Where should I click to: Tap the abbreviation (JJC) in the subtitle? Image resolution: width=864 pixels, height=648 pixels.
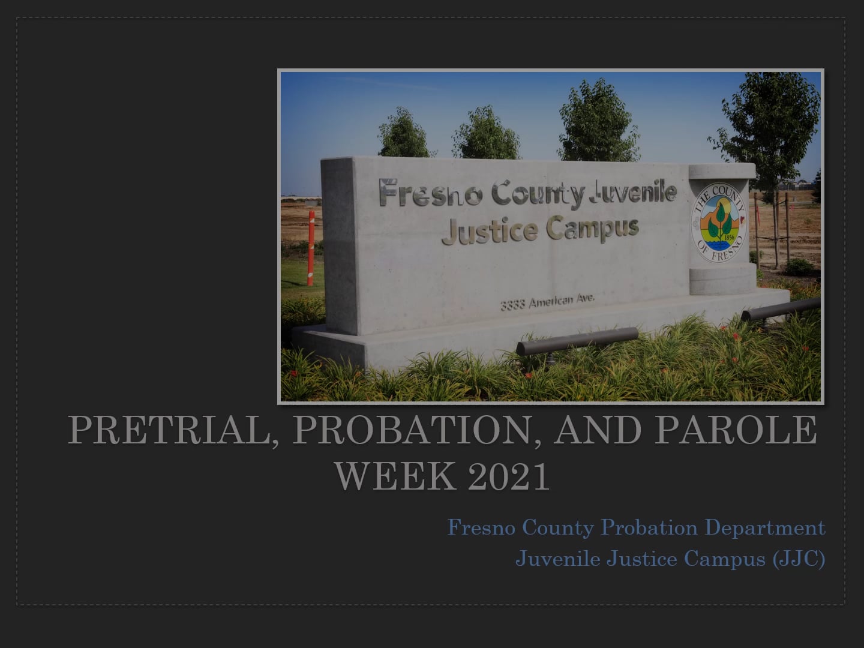(799, 559)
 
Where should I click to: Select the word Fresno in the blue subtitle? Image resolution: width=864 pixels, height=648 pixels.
(481, 528)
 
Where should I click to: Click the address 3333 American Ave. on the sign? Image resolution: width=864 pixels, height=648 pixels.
(547, 302)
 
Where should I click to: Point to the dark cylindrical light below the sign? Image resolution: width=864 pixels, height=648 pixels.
(577, 341)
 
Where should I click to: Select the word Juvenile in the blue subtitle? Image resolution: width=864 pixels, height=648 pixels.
(557, 559)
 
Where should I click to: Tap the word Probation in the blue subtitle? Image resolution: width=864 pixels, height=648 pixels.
(649, 528)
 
